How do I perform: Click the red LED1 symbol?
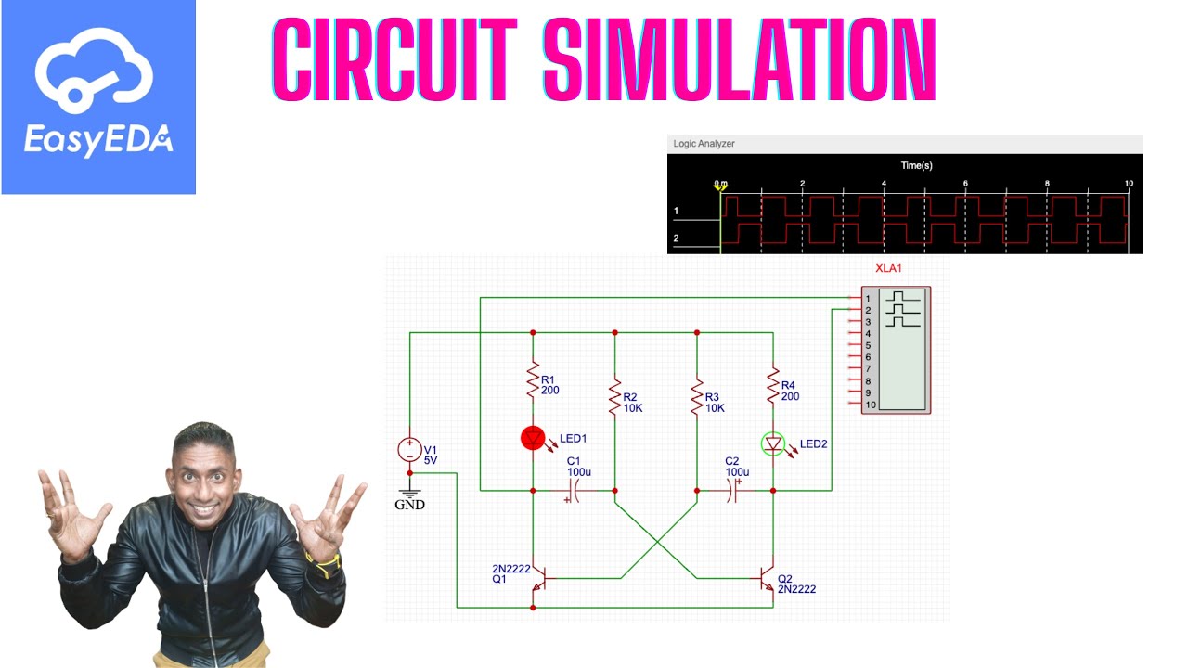(x=533, y=439)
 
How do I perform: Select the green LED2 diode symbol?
(x=773, y=444)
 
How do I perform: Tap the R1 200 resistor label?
(x=550, y=385)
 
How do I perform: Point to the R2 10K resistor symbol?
(x=614, y=396)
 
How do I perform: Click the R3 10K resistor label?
(x=715, y=403)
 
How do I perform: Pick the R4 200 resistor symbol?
(x=773, y=385)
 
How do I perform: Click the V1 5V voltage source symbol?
(x=409, y=450)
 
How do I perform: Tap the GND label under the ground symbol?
(x=409, y=505)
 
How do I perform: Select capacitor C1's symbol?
(x=573, y=491)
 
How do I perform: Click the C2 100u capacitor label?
(x=737, y=467)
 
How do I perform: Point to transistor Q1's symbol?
(x=538, y=578)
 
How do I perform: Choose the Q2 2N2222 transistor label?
(x=796, y=584)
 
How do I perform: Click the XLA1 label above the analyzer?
(x=888, y=268)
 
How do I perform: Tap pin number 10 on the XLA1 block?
(x=871, y=405)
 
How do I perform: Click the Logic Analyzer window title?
(x=704, y=144)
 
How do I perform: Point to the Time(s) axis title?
(x=916, y=165)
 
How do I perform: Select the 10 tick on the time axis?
(x=1129, y=184)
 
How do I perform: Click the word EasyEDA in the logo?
(x=98, y=139)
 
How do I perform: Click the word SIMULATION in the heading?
(x=740, y=59)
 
